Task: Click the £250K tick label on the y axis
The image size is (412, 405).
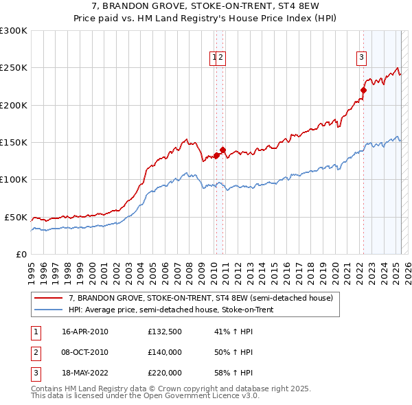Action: [x=14, y=68]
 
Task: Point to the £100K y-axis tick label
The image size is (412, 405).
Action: [x=14, y=180]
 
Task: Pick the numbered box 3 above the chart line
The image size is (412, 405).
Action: [x=361, y=58]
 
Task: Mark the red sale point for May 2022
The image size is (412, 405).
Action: [x=364, y=90]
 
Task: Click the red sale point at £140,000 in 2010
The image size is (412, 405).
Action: [x=222, y=150]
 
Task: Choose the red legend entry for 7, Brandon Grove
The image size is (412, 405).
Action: [x=201, y=298]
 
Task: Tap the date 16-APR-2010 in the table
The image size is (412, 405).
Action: [x=85, y=332]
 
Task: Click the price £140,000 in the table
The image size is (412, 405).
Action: [x=165, y=352]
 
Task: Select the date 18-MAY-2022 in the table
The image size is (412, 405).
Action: [x=85, y=373]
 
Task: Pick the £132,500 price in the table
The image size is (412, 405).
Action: [x=165, y=332]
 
